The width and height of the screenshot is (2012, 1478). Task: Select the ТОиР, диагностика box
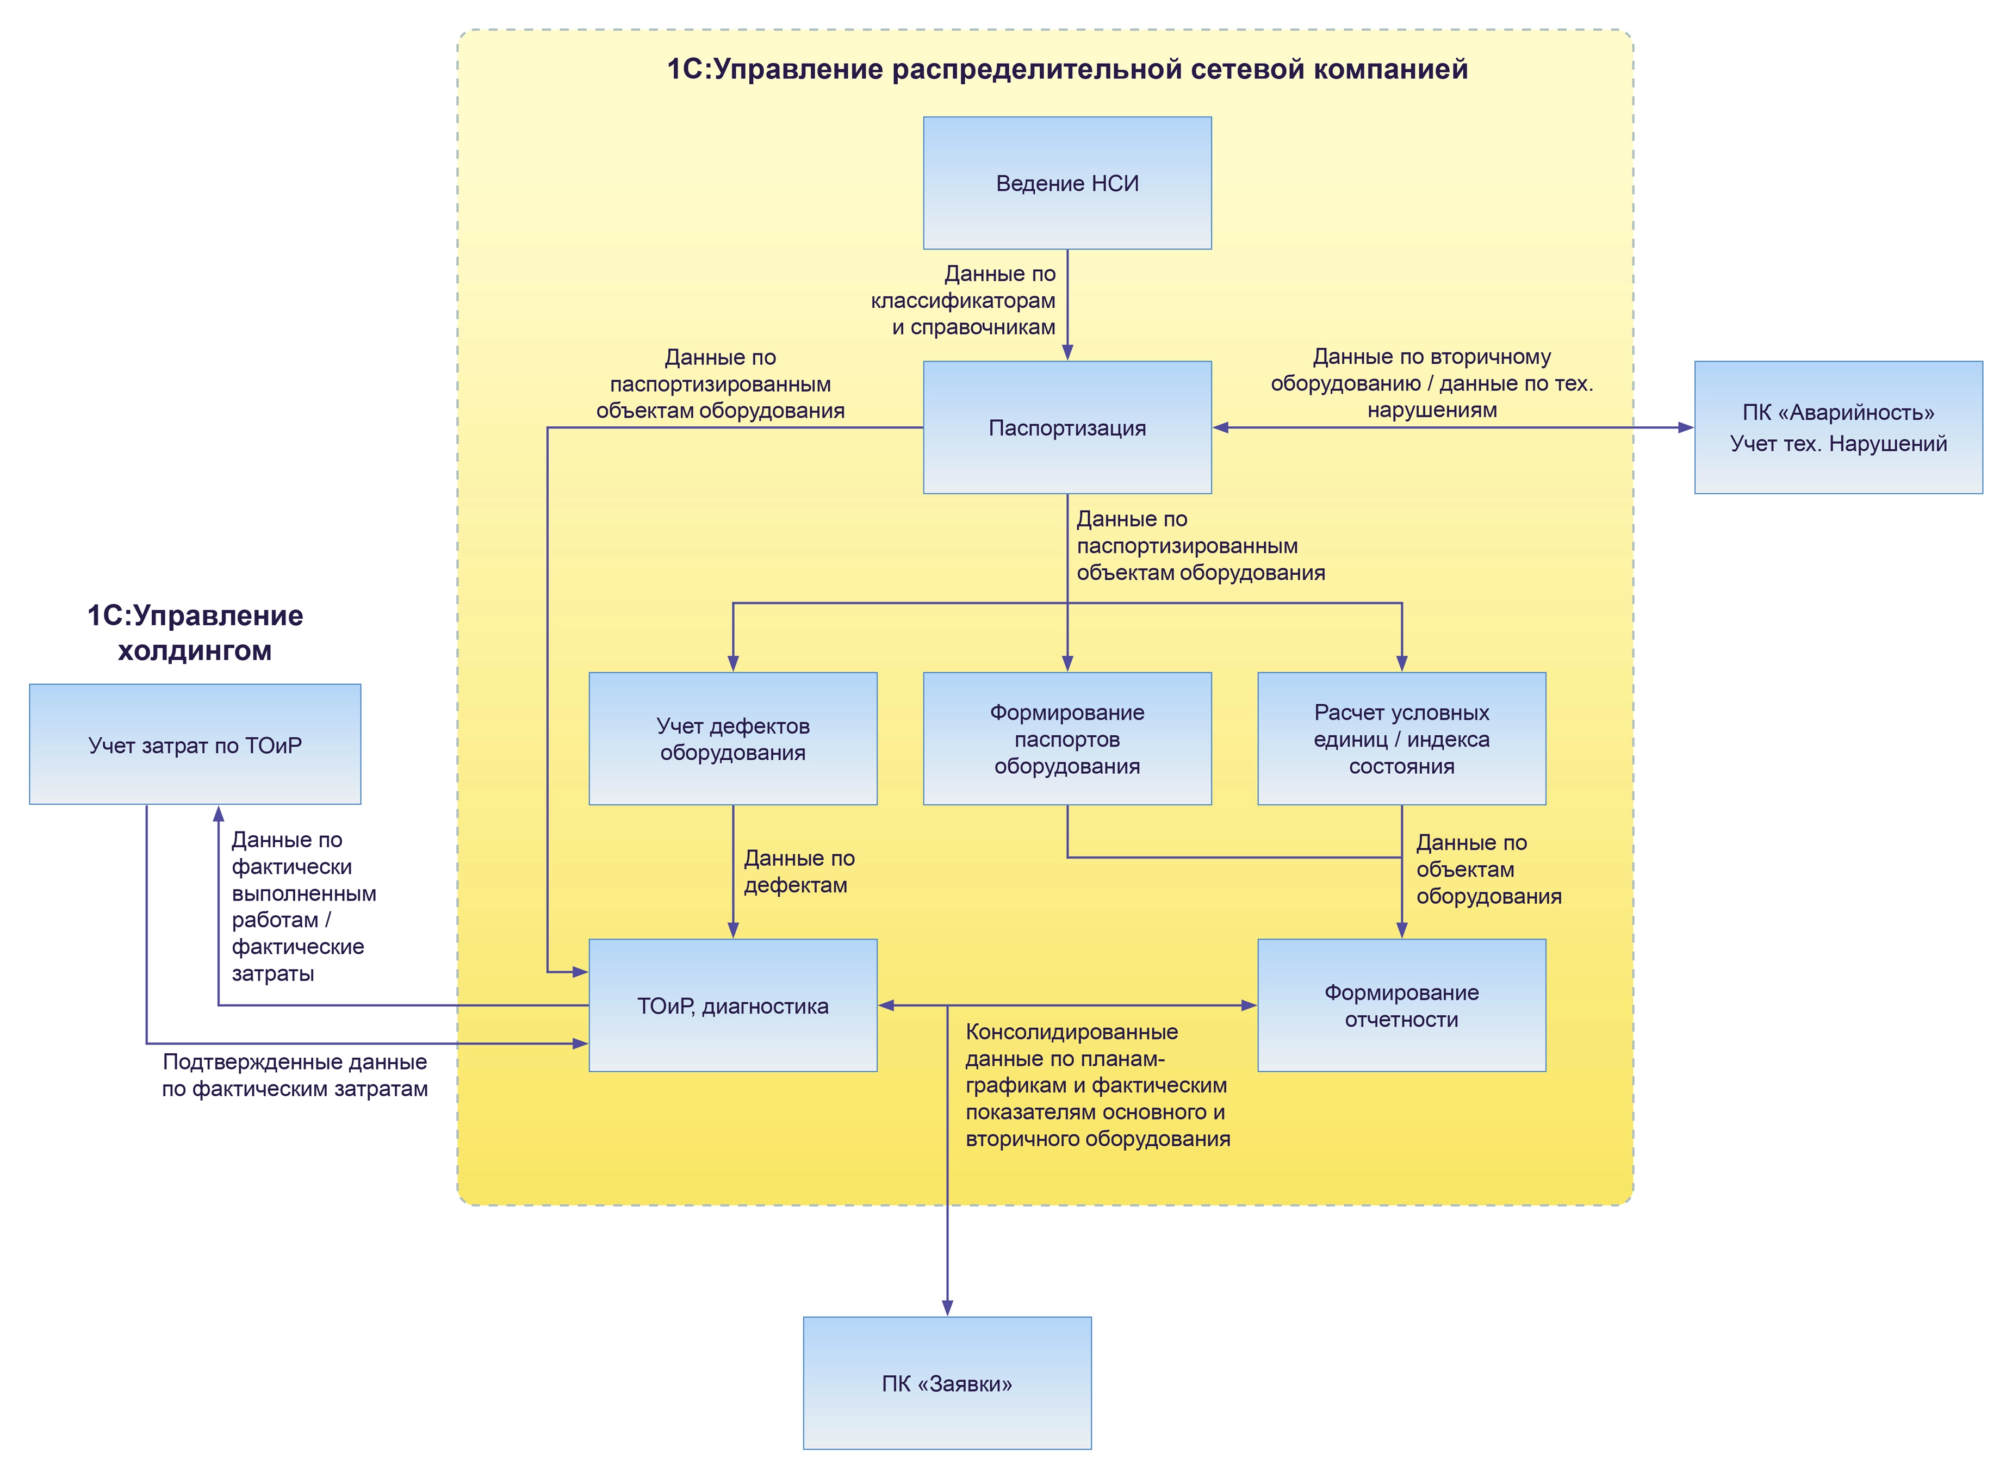coord(732,1005)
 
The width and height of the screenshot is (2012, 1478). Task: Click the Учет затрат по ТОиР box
coord(195,744)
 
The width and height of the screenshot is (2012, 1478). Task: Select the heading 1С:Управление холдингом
coord(195,632)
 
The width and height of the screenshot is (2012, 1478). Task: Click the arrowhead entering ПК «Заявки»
coord(947,1307)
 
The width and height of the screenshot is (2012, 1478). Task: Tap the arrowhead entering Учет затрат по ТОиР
coord(218,813)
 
